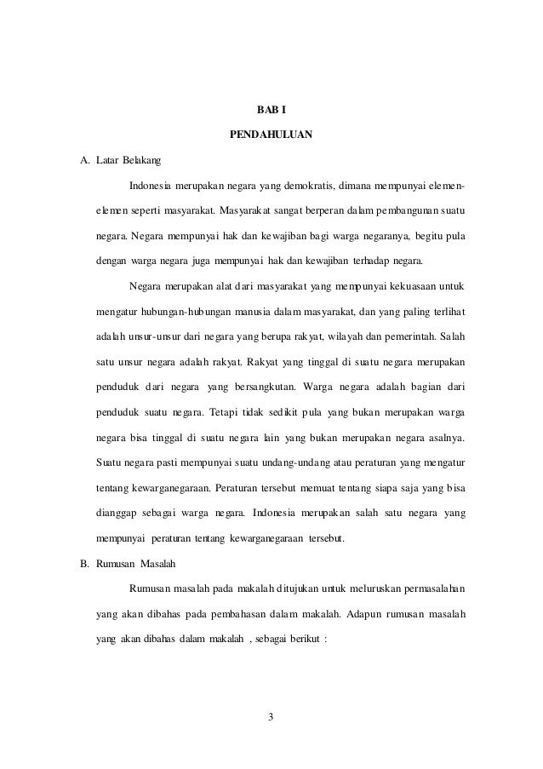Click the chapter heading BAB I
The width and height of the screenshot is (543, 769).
pyautogui.click(x=271, y=110)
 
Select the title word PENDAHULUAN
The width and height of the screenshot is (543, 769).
pyautogui.click(x=271, y=135)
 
